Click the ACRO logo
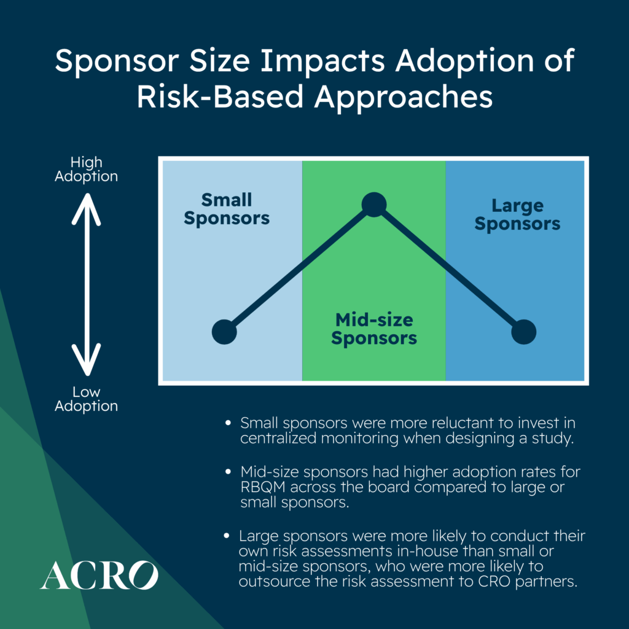pyautogui.click(x=99, y=575)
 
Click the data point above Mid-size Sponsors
pyautogui.click(x=374, y=205)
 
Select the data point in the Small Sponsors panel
pyautogui.click(x=224, y=332)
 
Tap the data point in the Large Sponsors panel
pyautogui.click(x=523, y=332)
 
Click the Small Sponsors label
pyautogui.click(x=227, y=209)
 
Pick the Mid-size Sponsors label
pyautogui.click(x=374, y=329)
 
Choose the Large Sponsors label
pyautogui.click(x=517, y=215)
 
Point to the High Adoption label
pyautogui.click(x=86, y=170)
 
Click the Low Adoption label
pyautogui.click(x=86, y=399)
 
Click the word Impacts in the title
pyautogui.click(x=323, y=61)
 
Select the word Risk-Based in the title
pyautogui.click(x=220, y=97)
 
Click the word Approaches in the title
pyautogui.click(x=404, y=98)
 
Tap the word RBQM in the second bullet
pyautogui.click(x=263, y=487)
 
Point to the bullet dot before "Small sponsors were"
pyautogui.click(x=228, y=423)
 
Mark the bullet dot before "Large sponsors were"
pyautogui.click(x=227, y=536)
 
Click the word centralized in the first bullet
pyautogui.click(x=279, y=438)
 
